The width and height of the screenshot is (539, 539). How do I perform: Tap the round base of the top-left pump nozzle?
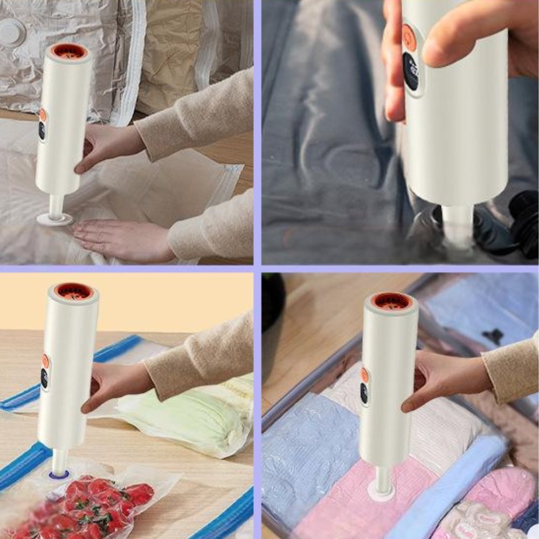pos(54,219)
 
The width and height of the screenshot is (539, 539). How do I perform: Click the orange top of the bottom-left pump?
pos(73,291)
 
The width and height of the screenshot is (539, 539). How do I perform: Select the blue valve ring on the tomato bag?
pos(59,475)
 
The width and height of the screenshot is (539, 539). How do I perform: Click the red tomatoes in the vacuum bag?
pos(97,507)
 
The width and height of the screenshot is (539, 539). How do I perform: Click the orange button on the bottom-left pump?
pos(45,361)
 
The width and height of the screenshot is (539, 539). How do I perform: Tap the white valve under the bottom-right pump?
pos(382,493)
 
